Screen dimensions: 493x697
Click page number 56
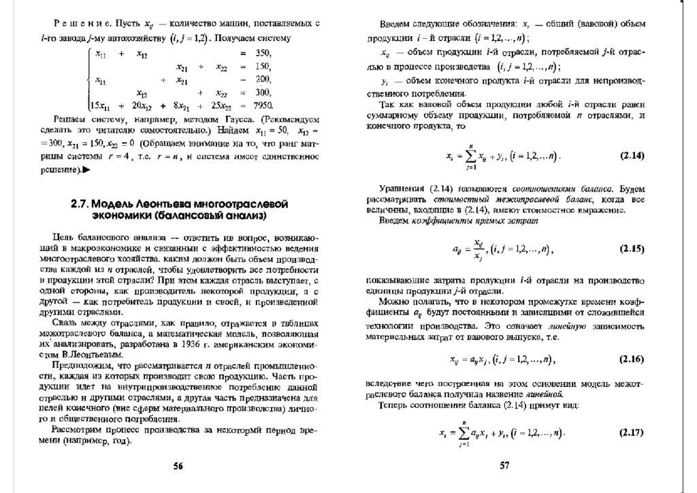(178, 466)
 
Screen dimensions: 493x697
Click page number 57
(504, 466)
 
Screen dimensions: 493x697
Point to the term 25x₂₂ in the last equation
(219, 106)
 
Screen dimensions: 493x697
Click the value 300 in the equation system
(263, 93)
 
